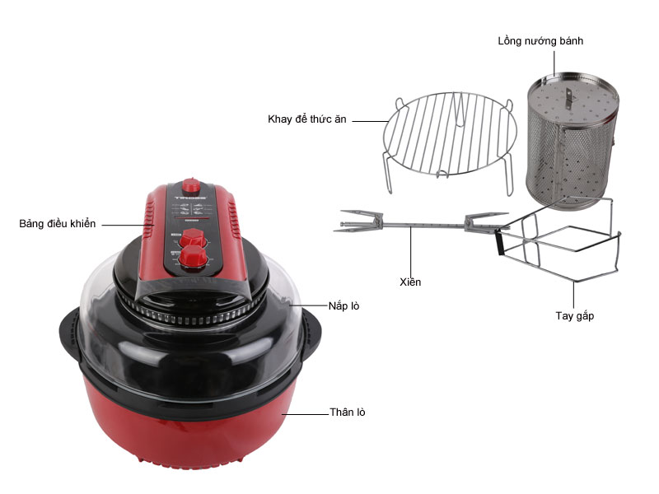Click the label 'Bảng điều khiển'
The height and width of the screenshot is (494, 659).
click(x=58, y=224)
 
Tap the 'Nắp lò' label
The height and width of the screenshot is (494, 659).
click(x=344, y=305)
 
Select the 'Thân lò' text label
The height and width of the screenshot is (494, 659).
click(x=347, y=412)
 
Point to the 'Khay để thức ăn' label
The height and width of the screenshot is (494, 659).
click(x=306, y=119)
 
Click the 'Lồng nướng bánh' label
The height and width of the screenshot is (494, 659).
click(x=540, y=40)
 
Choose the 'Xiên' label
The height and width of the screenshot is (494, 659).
click(x=410, y=282)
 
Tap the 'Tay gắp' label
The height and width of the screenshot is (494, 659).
click(x=574, y=316)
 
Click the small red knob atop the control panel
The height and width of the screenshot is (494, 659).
click(x=191, y=185)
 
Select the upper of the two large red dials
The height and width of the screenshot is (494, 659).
click(x=193, y=238)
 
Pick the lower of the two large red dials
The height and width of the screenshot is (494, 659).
click(x=193, y=257)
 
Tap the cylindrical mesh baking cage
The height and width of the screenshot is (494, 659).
click(x=572, y=141)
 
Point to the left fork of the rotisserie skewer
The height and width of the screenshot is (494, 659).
click(x=358, y=221)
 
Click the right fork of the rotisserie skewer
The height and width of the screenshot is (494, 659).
click(x=486, y=221)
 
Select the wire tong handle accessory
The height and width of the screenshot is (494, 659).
click(x=559, y=240)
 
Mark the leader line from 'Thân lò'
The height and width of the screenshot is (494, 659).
click(x=305, y=414)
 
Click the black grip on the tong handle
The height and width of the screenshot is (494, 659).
click(x=499, y=242)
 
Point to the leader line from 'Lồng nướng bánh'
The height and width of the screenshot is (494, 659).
click(x=554, y=64)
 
